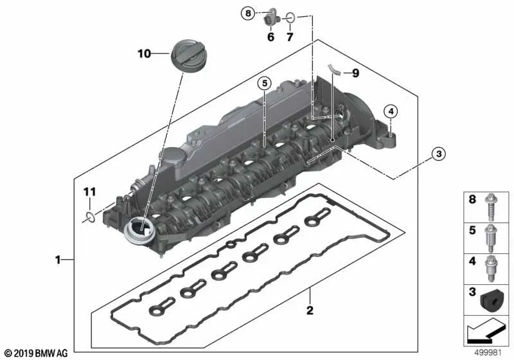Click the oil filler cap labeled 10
[x=188, y=55]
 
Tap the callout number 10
[x=144, y=53]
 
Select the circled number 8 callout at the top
[x=248, y=14]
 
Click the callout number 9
[x=355, y=73]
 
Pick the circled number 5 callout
[x=264, y=84]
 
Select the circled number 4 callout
[x=391, y=112]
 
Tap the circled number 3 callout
[x=439, y=154]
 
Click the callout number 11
[x=89, y=192]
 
